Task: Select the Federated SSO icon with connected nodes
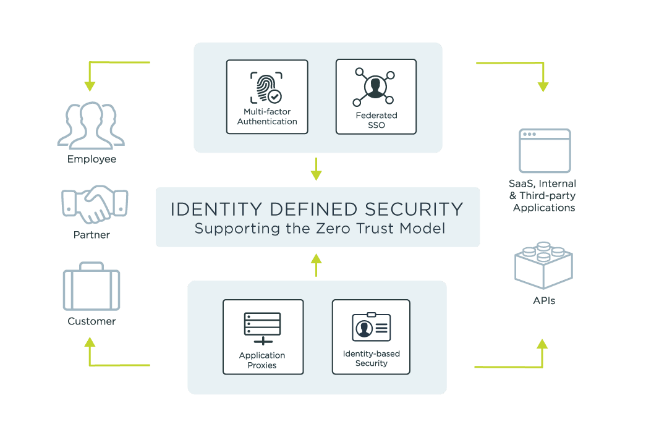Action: click(376, 87)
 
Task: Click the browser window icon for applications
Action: click(545, 151)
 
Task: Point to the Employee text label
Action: click(92, 159)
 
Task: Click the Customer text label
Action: click(91, 321)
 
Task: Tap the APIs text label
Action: click(544, 301)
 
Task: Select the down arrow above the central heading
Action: click(317, 172)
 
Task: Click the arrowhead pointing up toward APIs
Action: click(543, 344)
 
